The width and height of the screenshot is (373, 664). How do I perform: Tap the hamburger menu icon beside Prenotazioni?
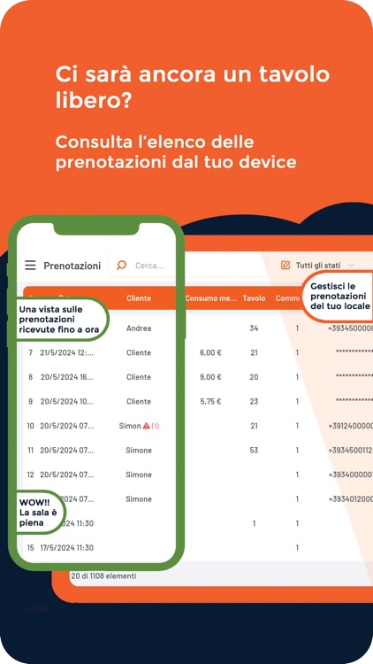[x=31, y=266]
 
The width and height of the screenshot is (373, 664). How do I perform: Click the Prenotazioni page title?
[x=72, y=266]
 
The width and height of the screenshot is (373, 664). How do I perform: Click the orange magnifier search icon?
[x=122, y=265]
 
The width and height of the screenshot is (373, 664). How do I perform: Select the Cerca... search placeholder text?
[x=149, y=266]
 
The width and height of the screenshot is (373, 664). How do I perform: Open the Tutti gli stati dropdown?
[x=316, y=265]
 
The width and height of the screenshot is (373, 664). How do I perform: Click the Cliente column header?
[x=139, y=298]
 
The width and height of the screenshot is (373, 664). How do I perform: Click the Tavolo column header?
[x=254, y=298]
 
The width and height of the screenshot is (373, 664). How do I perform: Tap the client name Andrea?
[x=139, y=328]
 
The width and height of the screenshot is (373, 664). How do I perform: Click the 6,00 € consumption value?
[x=209, y=352]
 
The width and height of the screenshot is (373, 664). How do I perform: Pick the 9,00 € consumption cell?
[x=209, y=377]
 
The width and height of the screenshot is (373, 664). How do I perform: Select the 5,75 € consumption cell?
[x=209, y=401]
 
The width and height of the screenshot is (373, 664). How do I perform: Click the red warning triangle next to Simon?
[x=147, y=426]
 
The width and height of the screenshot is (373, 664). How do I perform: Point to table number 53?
[x=254, y=450]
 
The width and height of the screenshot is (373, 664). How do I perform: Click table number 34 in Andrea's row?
[x=254, y=328]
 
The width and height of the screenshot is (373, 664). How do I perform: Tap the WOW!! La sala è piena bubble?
[x=38, y=512]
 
